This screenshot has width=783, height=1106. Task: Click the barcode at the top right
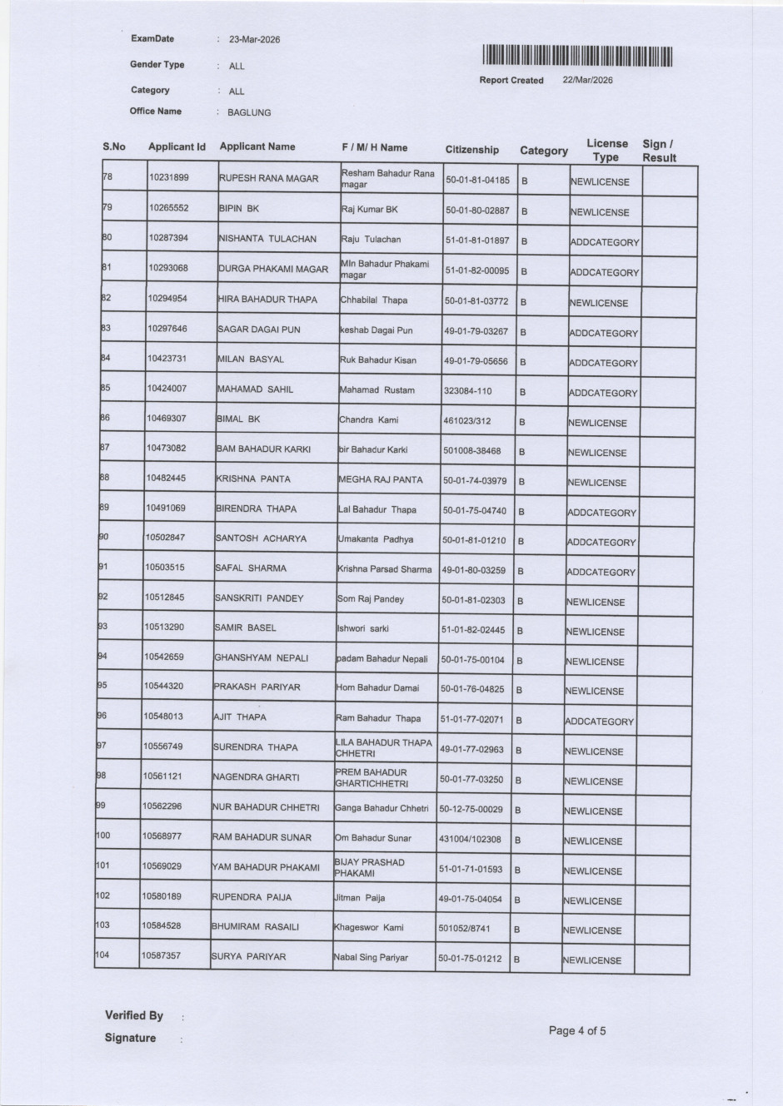[576, 56]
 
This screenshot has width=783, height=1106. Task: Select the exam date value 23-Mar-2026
[254, 39]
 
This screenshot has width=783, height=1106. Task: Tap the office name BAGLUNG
[249, 112]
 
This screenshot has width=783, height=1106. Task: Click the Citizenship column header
[471, 150]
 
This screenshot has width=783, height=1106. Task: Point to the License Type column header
[606, 150]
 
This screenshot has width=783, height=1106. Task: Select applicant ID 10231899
[168, 177]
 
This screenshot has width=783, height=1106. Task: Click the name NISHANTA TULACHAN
[267, 239]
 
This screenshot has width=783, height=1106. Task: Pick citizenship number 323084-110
[467, 390]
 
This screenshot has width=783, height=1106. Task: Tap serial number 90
[104, 537]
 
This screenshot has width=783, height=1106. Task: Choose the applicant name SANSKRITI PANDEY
[259, 598]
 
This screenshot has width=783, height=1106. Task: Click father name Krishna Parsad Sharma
[384, 569]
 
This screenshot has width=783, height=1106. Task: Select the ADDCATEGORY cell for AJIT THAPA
[599, 722]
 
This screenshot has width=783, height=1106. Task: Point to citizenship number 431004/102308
[470, 840]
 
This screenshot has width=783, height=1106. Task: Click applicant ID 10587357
[161, 955]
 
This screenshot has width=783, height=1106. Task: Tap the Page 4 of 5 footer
[577, 1031]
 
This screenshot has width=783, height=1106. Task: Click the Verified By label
[134, 1015]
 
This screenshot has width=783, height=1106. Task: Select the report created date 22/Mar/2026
[588, 80]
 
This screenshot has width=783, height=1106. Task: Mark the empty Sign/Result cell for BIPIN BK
[669, 211]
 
